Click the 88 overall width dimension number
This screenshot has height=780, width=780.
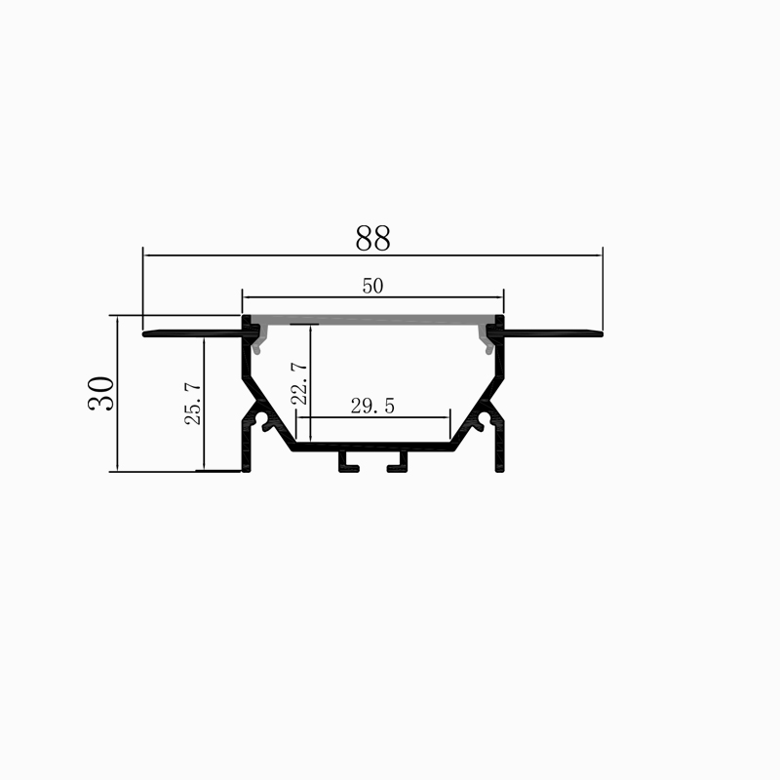point(372,238)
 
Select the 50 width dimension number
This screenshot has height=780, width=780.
point(372,286)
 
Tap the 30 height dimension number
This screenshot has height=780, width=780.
point(101,393)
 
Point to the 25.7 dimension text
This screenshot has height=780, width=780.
point(193,404)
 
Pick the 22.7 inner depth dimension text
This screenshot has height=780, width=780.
point(299,383)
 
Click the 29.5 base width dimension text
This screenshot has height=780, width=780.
point(372,406)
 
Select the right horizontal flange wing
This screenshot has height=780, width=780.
point(553,333)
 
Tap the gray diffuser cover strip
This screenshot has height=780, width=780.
point(373,320)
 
